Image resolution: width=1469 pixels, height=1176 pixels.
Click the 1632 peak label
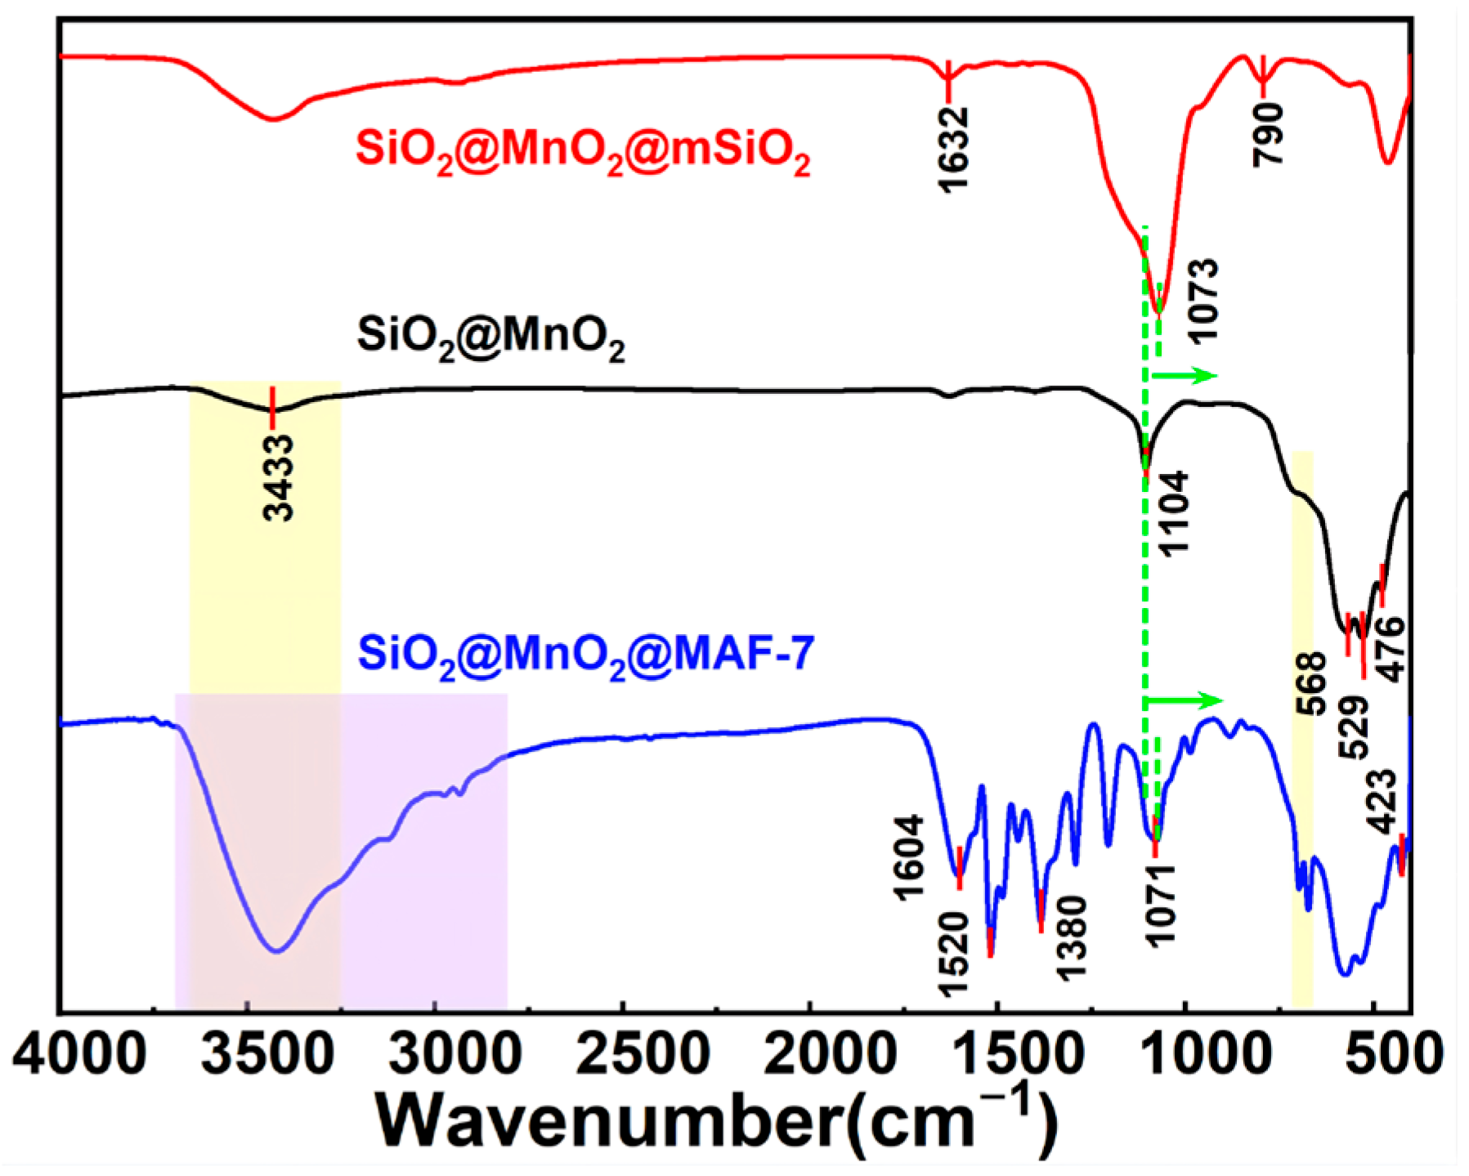click(x=953, y=150)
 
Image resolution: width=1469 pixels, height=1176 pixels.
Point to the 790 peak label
click(x=1270, y=135)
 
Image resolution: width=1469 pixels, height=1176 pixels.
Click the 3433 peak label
click(x=279, y=478)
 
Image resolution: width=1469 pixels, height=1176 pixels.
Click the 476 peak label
click(x=1389, y=650)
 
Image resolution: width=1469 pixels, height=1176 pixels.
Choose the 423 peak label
click(x=1383, y=802)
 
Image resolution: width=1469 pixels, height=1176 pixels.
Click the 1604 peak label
click(x=909, y=858)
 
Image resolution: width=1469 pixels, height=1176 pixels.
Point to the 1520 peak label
click(x=953, y=955)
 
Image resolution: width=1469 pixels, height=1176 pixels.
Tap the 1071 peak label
click(x=1160, y=905)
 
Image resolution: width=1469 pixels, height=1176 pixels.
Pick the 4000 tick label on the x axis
click(x=80, y=1054)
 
